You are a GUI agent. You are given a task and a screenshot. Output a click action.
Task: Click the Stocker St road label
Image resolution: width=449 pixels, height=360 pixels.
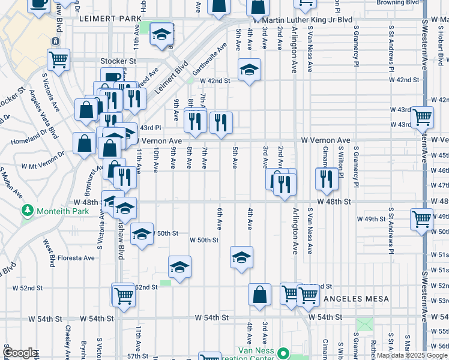pyautogui.click(x=118, y=61)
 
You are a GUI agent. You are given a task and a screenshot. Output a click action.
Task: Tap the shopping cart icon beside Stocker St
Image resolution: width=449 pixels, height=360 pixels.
pyautogui.click(x=59, y=59)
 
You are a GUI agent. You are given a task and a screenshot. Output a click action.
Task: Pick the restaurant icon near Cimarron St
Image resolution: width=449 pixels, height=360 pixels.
pyautogui.click(x=326, y=178)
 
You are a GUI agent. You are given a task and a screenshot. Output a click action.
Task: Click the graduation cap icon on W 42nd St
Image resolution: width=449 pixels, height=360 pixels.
pyautogui.click(x=248, y=70)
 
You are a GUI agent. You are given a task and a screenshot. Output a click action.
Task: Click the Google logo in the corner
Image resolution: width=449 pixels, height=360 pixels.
pyautogui.click(x=20, y=353)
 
